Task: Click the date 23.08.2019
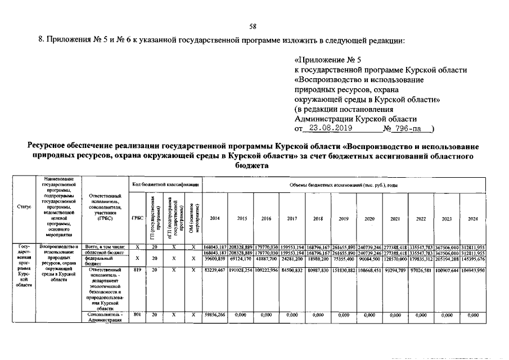coord(327,128)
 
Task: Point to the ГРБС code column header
coord(137,218)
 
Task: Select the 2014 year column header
coord(215,218)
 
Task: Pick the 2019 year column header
coord(344,218)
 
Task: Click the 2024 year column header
coord(472,218)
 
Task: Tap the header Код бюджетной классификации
coord(165,184)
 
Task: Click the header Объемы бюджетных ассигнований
coord(343,184)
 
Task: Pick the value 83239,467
coord(215,270)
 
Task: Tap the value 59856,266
coord(215,316)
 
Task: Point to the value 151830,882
coord(344,270)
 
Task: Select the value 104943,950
coord(472,270)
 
